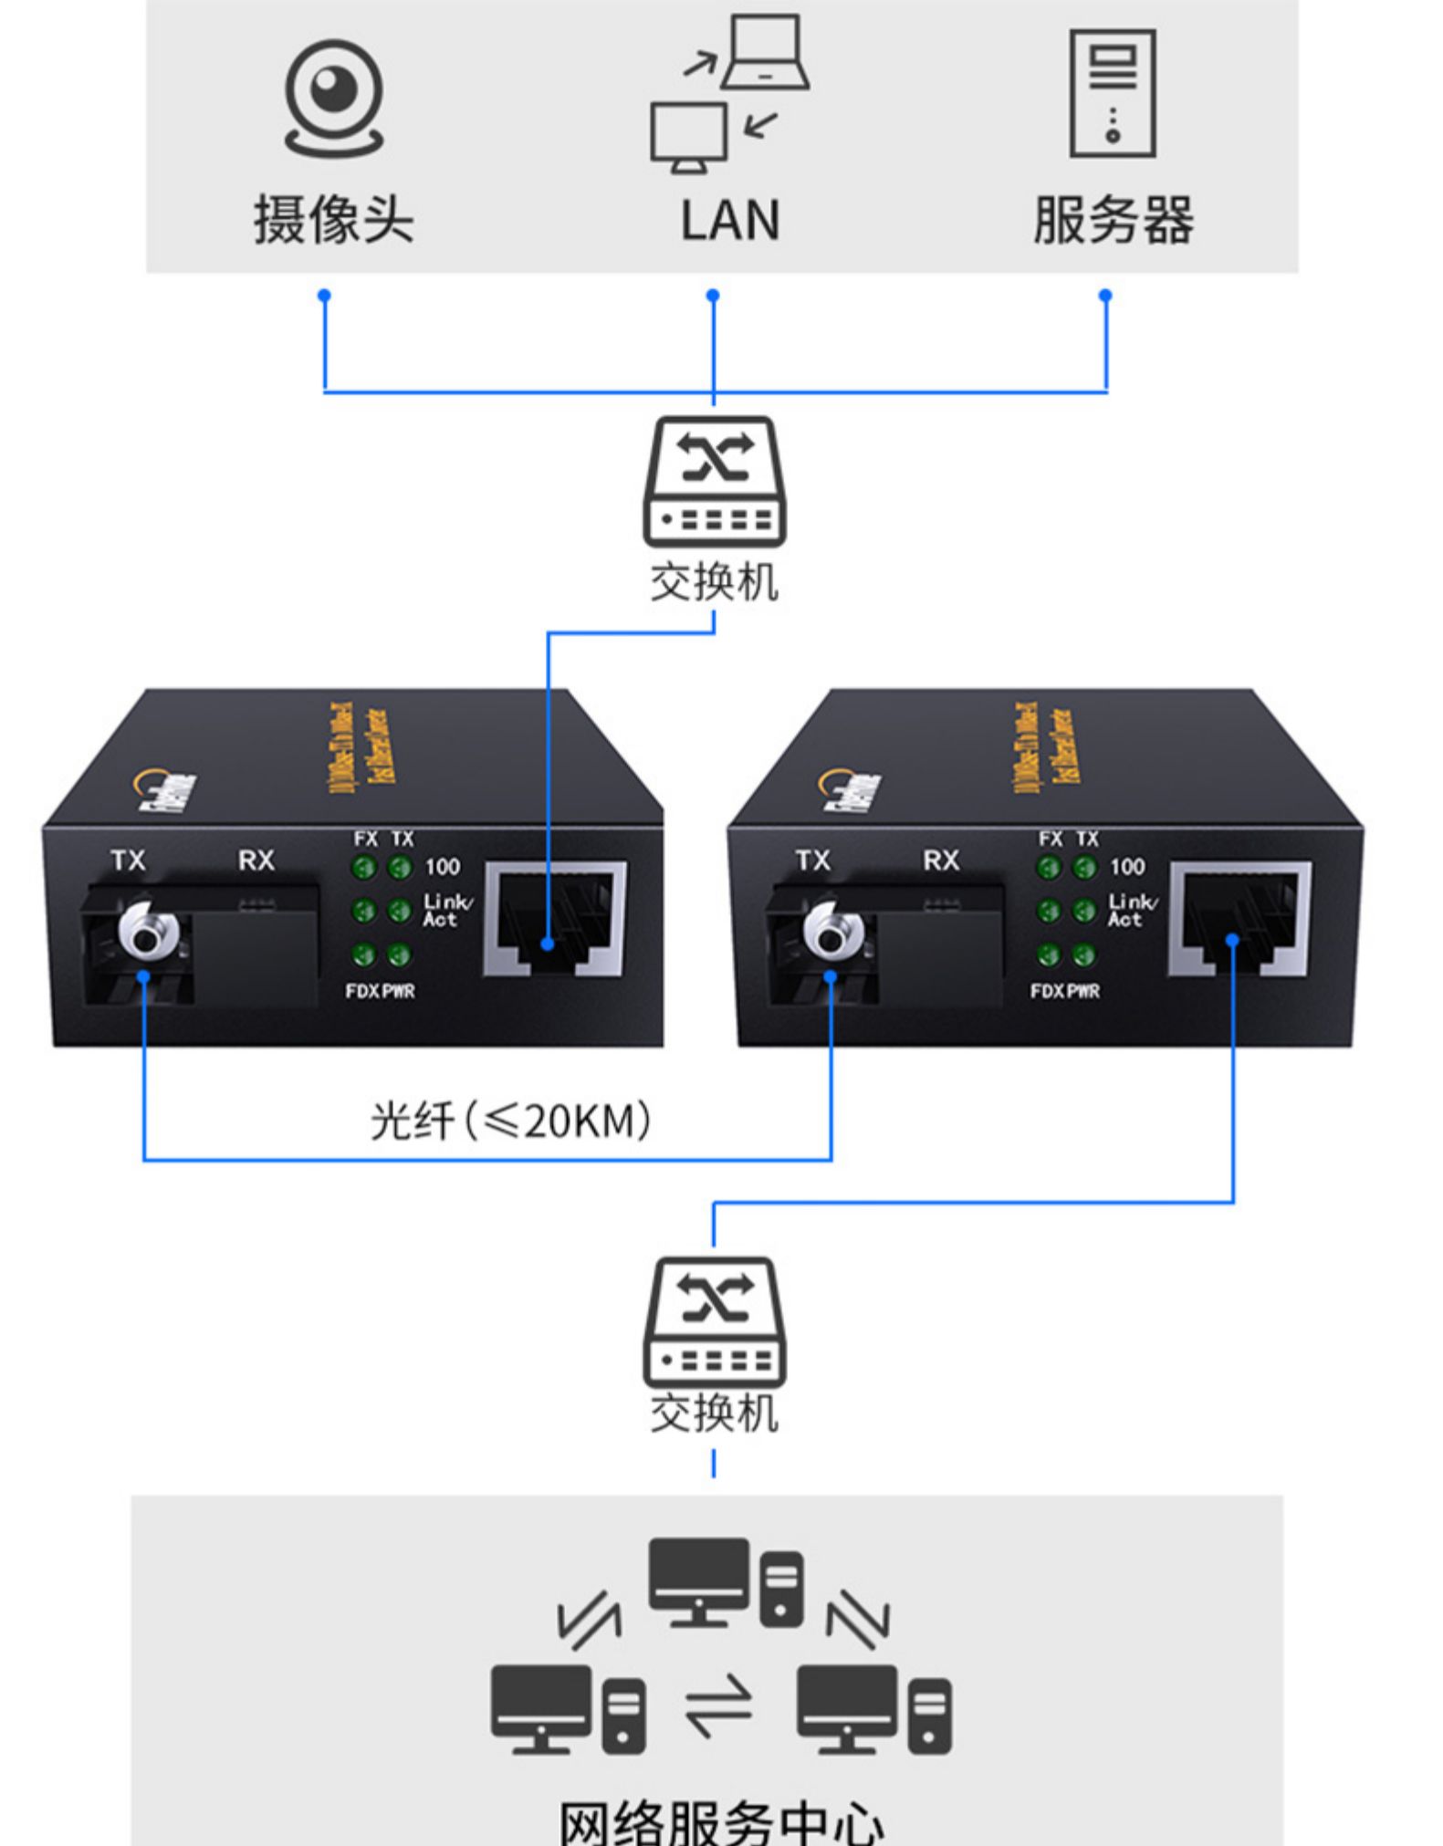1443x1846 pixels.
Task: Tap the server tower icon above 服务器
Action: (x=1112, y=93)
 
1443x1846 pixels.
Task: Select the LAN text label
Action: (x=729, y=221)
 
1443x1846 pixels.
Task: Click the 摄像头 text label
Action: (x=333, y=221)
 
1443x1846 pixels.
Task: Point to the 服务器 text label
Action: (x=1113, y=221)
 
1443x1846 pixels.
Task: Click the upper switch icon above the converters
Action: (x=715, y=481)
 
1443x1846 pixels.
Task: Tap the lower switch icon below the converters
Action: (x=715, y=1321)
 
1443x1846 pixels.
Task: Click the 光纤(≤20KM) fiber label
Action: (x=511, y=1121)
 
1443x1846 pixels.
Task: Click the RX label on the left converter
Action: (x=256, y=860)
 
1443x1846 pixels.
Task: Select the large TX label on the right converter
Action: (x=812, y=860)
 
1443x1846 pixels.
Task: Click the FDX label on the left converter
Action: (x=361, y=991)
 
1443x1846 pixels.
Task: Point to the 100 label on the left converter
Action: (x=442, y=867)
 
